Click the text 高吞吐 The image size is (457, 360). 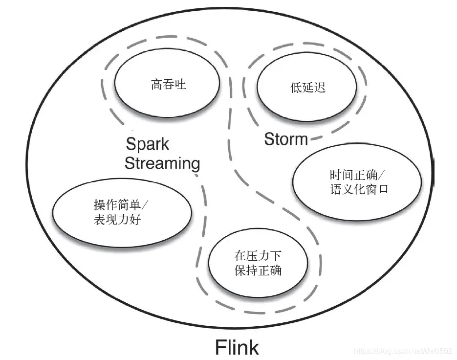click(169, 85)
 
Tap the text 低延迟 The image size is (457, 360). click(308, 88)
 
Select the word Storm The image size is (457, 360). click(286, 139)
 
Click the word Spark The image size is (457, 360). click(148, 144)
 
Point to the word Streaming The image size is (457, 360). click(162, 163)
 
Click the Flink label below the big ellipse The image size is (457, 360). click(237, 347)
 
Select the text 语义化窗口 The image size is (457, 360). click(359, 189)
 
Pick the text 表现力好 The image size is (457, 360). click(117, 219)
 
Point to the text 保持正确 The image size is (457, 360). click(258, 270)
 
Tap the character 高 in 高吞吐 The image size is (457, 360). click(157, 85)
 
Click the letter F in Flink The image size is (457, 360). click(220, 347)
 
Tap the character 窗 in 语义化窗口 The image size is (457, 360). click(371, 189)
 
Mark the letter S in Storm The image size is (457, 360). click(269, 139)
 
